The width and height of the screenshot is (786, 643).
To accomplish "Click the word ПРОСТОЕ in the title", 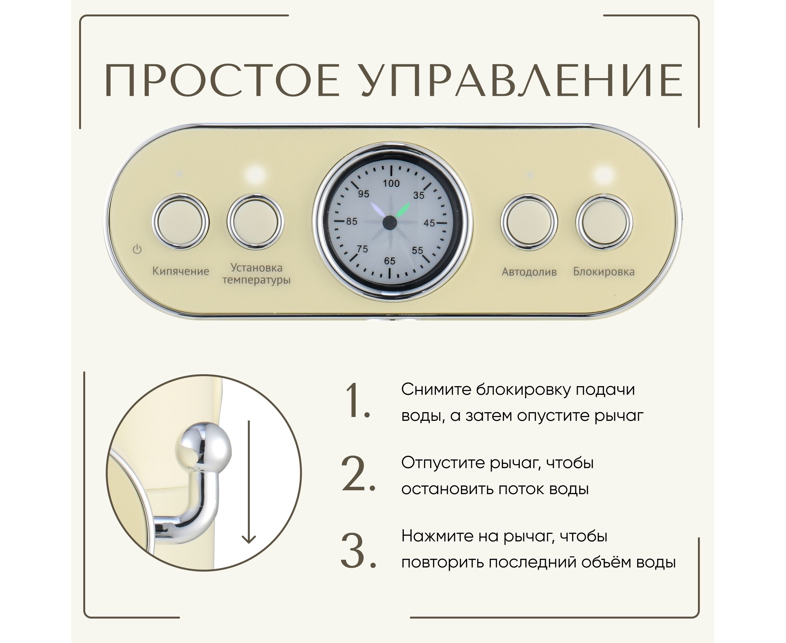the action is (221, 80).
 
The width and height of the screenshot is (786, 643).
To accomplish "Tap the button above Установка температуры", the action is (255, 222).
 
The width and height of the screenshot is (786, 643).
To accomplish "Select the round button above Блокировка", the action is (604, 222).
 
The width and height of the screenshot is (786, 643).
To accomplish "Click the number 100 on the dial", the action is (391, 183).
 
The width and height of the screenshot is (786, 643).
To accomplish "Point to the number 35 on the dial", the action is (419, 195).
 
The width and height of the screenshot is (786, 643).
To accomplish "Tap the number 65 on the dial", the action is (389, 261).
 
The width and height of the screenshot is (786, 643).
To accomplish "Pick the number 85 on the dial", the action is (351, 222).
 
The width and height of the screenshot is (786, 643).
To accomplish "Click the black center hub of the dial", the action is (389, 222).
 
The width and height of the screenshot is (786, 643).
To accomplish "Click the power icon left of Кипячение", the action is (137, 249).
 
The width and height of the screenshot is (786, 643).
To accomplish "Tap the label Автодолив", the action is (529, 272).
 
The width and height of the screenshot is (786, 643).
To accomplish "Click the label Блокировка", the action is (604, 271).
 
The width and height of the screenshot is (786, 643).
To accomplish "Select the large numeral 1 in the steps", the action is (357, 401).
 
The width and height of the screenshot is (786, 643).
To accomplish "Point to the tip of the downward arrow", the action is (248, 543).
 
